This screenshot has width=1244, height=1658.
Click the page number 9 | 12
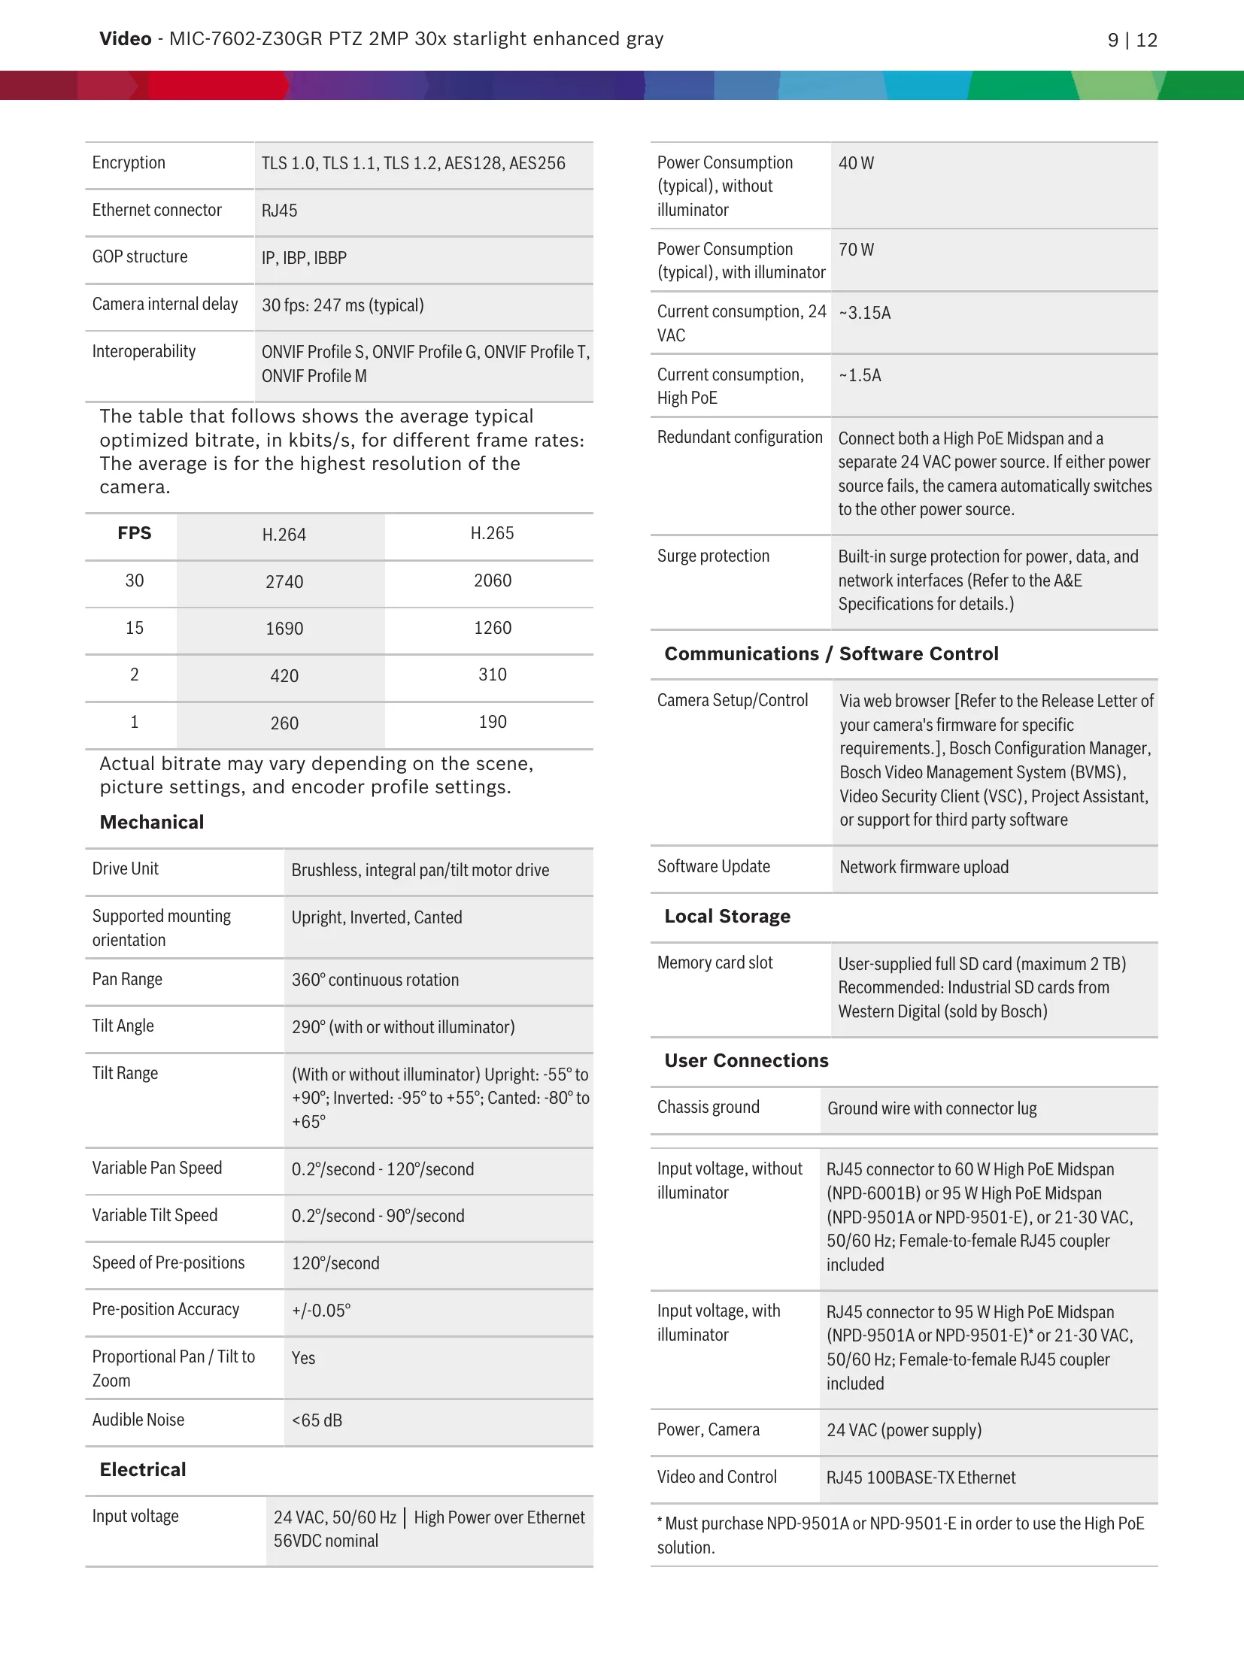point(1132,40)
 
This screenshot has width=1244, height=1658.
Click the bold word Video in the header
point(126,39)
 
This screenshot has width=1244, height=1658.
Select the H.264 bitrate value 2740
point(284,582)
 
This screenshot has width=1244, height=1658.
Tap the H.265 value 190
point(493,723)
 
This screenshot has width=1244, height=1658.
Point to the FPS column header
point(135,534)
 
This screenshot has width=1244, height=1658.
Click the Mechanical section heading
point(152,823)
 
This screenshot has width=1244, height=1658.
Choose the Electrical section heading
point(143,1470)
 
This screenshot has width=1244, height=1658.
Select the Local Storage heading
point(727,917)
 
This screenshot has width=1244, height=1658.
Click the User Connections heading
point(746,1061)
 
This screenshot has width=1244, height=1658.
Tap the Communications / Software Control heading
point(831,654)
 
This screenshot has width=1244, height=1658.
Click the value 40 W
point(856,164)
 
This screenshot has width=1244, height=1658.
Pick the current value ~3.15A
point(864,314)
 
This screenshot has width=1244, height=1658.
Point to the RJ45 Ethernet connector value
point(279,211)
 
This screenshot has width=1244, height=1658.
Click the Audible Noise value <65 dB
point(317,1421)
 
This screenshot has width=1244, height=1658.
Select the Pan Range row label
point(127,980)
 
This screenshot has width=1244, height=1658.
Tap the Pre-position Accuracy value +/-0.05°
point(321,1311)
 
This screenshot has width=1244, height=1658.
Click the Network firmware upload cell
point(924,868)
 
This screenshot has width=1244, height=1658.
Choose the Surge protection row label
point(713,556)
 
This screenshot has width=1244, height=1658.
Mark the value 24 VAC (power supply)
point(904,1430)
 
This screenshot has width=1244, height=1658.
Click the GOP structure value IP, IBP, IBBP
point(304,259)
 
